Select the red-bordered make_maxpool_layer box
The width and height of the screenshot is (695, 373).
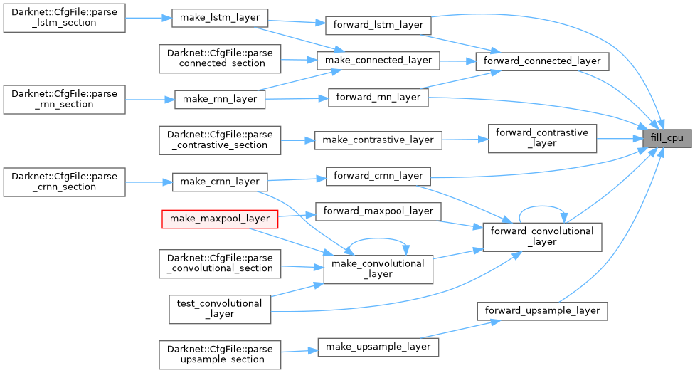coord(219,219)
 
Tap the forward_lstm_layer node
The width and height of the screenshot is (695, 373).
coord(378,25)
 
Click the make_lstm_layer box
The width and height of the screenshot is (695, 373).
coord(220,17)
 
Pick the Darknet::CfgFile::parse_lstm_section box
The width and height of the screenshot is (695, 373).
coord(64,17)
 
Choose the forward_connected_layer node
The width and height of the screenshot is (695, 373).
coord(542,61)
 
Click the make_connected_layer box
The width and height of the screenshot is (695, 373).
coord(378,60)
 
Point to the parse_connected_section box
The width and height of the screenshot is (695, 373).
coord(220,58)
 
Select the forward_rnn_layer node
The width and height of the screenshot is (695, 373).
coord(378,97)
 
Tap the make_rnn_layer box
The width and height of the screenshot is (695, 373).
coord(220,100)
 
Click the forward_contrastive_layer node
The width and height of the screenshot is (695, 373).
coord(542,137)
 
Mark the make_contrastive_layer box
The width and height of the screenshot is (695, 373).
coord(378,140)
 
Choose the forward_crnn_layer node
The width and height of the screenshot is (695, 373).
coord(378,176)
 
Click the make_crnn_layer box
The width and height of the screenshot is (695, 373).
coord(220,181)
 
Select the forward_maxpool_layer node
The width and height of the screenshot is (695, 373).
coord(378,211)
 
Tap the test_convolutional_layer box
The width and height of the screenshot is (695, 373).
coord(219,308)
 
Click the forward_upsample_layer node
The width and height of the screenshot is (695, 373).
coord(542,311)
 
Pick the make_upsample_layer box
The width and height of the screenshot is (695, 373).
coord(378,347)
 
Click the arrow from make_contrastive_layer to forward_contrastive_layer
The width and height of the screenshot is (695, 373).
coord(465,140)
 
